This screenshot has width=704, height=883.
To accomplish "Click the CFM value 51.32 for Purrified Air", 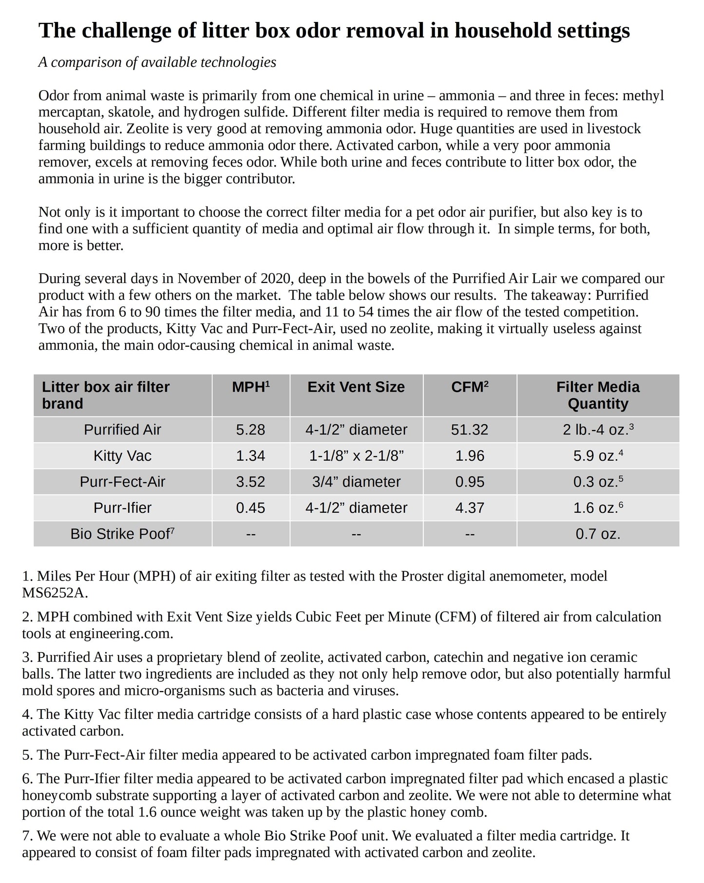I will point(469,430).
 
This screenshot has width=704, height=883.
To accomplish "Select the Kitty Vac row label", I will point(122,456).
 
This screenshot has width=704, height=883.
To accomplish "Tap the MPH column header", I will point(250,387).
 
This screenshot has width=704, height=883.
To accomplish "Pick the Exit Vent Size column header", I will point(356,387).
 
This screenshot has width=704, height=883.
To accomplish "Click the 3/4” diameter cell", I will point(356,482).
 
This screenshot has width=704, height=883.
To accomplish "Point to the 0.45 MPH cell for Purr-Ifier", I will point(250,508).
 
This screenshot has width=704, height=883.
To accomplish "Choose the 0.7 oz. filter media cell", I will point(598,534).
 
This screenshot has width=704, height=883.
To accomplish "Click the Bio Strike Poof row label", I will point(122,534).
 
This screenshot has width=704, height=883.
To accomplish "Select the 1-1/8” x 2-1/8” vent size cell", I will point(356,456).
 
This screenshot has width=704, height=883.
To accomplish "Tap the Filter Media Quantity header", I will point(598,395).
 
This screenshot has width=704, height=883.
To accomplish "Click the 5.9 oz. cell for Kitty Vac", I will point(598,456).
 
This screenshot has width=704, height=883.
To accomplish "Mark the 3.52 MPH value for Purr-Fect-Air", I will point(250,482).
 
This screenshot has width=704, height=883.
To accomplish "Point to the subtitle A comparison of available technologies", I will point(157,62).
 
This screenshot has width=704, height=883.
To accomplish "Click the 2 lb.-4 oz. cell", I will point(598,430).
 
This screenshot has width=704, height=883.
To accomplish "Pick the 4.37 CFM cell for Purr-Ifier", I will point(469,508).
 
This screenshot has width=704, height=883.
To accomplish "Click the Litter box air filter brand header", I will point(106,395).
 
